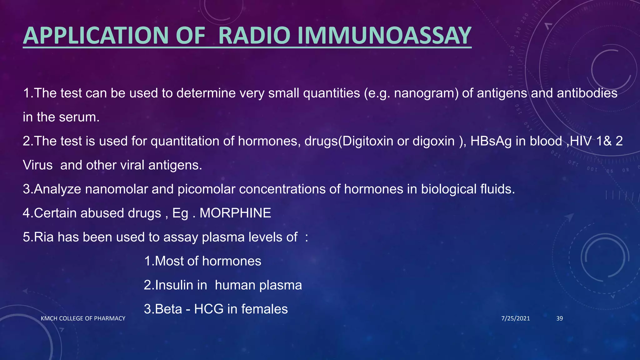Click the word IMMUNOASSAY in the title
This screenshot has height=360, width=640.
(384, 35)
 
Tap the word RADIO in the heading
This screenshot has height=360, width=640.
(254, 35)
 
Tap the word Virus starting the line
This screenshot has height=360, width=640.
(38, 165)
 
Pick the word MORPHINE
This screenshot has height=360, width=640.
(235, 213)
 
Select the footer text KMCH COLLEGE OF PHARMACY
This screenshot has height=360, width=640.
(83, 318)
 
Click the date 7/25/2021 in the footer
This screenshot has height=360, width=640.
(516, 318)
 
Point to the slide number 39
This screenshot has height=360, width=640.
(560, 318)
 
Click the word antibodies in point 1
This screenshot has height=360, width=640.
(587, 93)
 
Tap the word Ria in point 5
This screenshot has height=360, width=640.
(43, 237)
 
